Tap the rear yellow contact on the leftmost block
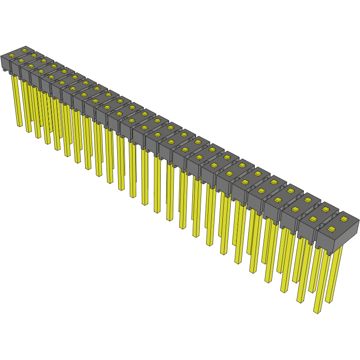24,50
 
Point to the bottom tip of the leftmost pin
19,126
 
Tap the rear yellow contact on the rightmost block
344,218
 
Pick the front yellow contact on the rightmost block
331,229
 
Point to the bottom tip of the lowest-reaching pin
317,311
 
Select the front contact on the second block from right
313,219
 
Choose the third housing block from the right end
302,204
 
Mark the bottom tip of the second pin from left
29,132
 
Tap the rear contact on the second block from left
34,55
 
